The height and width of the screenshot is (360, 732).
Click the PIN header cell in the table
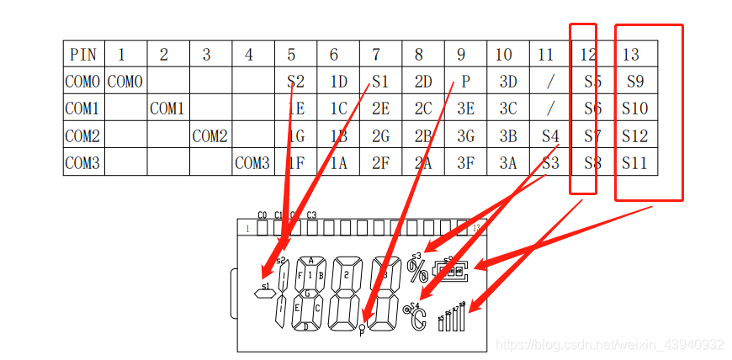coord(83,55)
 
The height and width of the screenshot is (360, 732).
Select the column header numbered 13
coord(631,55)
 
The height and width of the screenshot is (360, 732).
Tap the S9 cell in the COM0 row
coord(635,82)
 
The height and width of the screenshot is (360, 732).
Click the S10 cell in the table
coord(635,109)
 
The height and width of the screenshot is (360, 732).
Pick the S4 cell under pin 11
coord(550,135)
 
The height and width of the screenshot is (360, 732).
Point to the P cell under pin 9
coord(464,82)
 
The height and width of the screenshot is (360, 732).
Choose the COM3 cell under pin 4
coord(252,163)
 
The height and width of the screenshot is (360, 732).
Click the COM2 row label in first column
coord(82,135)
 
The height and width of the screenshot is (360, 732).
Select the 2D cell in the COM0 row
coord(422,82)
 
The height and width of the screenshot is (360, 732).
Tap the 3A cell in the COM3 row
coord(507,163)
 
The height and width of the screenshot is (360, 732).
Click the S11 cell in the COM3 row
coord(635,163)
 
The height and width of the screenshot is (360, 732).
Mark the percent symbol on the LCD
coord(417,271)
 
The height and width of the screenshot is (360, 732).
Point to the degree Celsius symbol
coord(417,318)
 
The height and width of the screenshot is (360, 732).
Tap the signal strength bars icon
coord(453,317)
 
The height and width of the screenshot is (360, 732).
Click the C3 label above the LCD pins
coord(312,215)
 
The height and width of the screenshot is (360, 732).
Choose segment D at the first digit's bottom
coord(305,326)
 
